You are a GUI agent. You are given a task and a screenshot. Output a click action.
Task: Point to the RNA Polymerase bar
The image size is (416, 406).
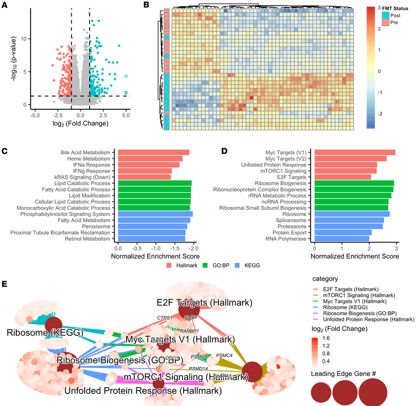(x=342, y=239)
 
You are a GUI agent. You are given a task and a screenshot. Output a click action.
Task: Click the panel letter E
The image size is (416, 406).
(x=4, y=282)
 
